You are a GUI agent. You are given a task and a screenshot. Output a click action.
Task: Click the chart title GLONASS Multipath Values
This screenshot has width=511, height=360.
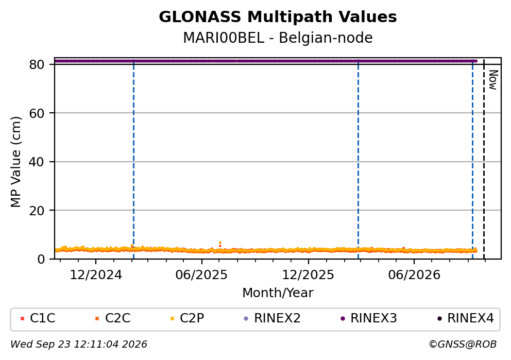278,17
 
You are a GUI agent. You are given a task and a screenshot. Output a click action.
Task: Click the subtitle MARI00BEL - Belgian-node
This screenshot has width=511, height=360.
278,38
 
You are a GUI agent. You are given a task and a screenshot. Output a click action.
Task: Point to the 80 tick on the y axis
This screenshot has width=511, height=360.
37,64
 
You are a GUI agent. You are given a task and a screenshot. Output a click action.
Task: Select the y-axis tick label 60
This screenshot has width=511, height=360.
37,113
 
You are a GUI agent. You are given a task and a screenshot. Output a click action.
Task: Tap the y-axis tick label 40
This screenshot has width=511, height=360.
37,162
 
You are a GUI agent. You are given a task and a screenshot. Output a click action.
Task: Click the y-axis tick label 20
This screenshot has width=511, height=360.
37,211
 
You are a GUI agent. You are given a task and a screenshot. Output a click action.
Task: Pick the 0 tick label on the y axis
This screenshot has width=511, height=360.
41,259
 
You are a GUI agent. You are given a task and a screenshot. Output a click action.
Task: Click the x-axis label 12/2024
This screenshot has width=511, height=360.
96,275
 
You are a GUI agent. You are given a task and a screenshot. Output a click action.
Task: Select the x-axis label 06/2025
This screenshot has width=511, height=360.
201,275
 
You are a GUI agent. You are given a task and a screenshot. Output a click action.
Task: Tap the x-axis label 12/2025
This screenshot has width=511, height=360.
308,275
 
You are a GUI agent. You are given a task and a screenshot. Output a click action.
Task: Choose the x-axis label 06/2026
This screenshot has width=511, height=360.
414,275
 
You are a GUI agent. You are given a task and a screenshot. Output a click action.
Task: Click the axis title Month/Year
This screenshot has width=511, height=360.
278,293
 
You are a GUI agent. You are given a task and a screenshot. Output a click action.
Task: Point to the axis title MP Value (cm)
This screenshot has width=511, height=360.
15,162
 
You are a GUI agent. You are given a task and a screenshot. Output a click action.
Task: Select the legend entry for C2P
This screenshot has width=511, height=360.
187,318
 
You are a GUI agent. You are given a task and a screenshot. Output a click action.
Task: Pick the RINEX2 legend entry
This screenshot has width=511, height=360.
272,318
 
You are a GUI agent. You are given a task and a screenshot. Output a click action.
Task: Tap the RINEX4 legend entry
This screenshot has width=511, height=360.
466,318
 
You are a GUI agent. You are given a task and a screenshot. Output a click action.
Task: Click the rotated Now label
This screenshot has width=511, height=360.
493,80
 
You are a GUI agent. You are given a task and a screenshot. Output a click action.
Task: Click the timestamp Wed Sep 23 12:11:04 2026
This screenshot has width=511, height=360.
79,345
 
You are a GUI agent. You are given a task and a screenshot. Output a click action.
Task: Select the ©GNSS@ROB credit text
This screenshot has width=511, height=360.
463,345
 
